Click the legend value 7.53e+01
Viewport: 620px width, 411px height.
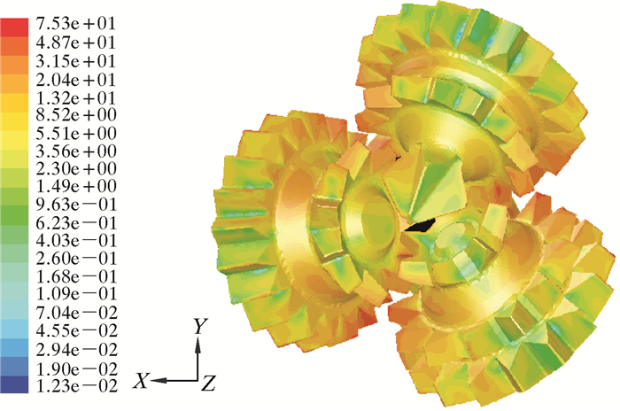point(75,24)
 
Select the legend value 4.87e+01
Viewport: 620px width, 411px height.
point(75,43)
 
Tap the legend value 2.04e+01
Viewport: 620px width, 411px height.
point(75,80)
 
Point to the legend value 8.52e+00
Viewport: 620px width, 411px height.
point(76,115)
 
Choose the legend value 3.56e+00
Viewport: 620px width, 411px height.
point(76,151)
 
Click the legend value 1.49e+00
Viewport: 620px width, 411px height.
point(76,185)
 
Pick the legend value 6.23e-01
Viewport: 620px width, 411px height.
point(76,223)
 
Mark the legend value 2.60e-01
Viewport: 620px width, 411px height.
point(76,259)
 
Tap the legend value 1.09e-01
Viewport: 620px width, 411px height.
point(76,293)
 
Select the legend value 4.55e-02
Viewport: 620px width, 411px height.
point(77,330)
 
